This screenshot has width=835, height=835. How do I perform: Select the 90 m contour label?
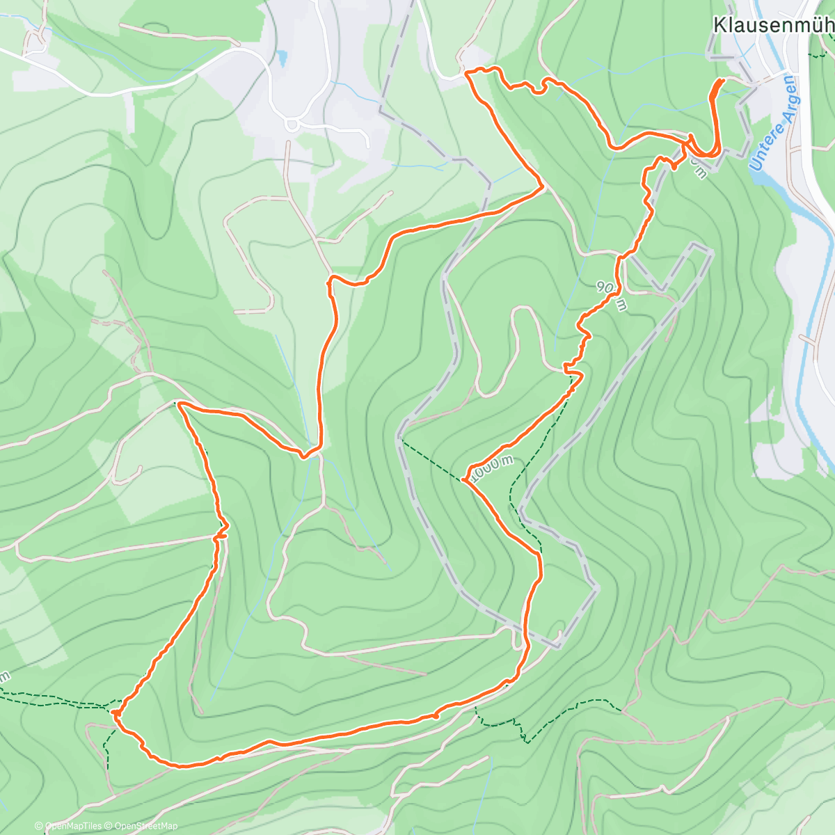pyautogui.click(x=612, y=296)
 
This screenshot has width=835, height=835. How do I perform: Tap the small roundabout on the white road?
pyautogui.click(x=292, y=125)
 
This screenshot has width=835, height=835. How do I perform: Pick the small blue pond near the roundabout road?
pyautogui.click(x=281, y=58)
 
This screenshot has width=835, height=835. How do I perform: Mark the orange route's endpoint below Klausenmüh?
pyautogui.click(x=722, y=81)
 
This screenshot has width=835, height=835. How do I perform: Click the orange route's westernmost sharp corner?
pyautogui.click(x=179, y=404)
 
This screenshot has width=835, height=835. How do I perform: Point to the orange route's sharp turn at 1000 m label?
pyautogui.click(x=464, y=479)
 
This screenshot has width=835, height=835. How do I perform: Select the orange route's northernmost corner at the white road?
pyautogui.click(x=466, y=72)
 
